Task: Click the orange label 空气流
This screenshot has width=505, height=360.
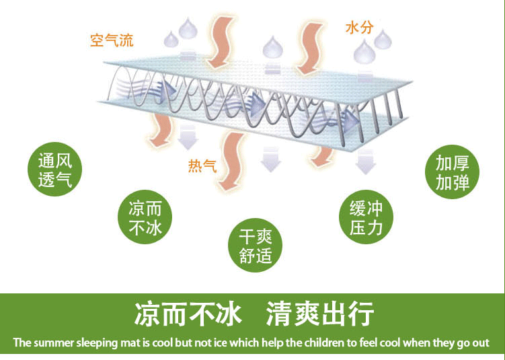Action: pos(112,40)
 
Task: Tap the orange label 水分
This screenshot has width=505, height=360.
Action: pos(359,28)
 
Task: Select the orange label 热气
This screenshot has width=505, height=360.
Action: pos(202,166)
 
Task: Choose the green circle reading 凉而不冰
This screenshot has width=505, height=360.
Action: pos(145,217)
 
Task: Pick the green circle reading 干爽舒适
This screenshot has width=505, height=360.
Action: pos(256,246)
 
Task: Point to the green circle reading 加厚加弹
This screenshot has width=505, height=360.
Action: pos(452,172)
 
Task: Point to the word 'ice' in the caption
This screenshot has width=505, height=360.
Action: pos(219,343)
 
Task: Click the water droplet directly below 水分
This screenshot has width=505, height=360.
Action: pos(364,50)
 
